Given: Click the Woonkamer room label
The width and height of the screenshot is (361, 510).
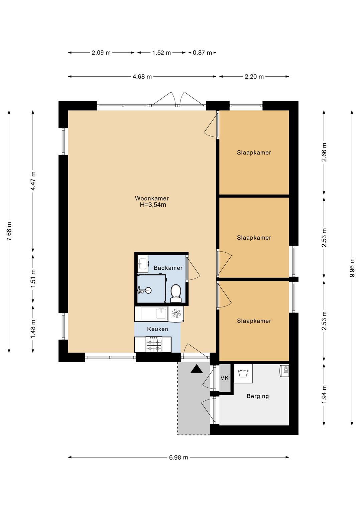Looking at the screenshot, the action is point(152,198).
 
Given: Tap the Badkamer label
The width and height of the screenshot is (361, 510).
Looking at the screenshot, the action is point(168,268).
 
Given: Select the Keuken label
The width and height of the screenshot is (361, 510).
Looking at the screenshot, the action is point(158,329).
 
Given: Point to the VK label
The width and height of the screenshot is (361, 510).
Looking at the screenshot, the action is point(224,378).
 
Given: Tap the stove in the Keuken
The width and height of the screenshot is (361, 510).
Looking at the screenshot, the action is point(154,345).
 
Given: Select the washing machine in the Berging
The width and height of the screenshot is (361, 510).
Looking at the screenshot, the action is point(243,373).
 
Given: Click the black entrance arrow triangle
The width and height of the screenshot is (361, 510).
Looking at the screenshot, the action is point(197,369).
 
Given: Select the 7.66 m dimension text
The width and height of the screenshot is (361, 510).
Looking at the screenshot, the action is point(9,231).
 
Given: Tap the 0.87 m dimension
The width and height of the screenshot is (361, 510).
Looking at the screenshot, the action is point(203,53).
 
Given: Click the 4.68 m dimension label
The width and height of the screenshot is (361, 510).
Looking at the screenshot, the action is point(142,77).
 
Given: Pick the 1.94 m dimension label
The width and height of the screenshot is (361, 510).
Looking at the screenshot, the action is point(324,394).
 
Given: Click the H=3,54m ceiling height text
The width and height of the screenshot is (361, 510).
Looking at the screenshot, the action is point(153,205).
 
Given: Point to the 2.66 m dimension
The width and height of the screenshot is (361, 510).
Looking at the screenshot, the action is point(324,152).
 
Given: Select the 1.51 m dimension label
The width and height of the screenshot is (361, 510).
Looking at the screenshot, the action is point(33,278).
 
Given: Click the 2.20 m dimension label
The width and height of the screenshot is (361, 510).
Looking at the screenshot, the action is point(254,77).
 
